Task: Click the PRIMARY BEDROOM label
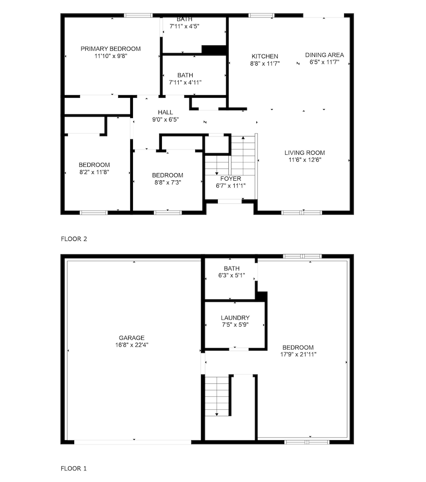pyautogui.click(x=111, y=49)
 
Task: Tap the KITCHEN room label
pyautogui.click(x=265, y=56)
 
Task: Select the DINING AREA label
pyautogui.click(x=324, y=55)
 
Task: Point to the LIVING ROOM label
pyautogui.click(x=305, y=152)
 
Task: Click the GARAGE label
pyautogui.click(x=132, y=337)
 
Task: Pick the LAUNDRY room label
pyautogui.click(x=235, y=318)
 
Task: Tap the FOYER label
pyautogui.click(x=230, y=179)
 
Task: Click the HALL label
pyautogui.click(x=165, y=112)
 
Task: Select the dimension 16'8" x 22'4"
pyautogui.click(x=132, y=345)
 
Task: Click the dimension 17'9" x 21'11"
pyautogui.click(x=298, y=354)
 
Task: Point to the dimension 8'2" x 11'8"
pyautogui.click(x=94, y=172)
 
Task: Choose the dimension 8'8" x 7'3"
pyautogui.click(x=168, y=182)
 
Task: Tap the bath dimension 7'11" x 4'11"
pyautogui.click(x=185, y=82)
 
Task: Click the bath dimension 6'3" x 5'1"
pyautogui.click(x=231, y=275)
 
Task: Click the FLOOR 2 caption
pyautogui.click(x=74, y=239)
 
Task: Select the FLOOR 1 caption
pyautogui.click(x=73, y=469)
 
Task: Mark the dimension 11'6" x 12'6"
pyautogui.click(x=305, y=160)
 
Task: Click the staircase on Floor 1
pyautogui.click(x=217, y=396)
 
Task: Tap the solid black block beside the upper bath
pyautogui.click(x=214, y=50)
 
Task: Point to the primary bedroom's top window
pyautogui.click(x=138, y=15)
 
